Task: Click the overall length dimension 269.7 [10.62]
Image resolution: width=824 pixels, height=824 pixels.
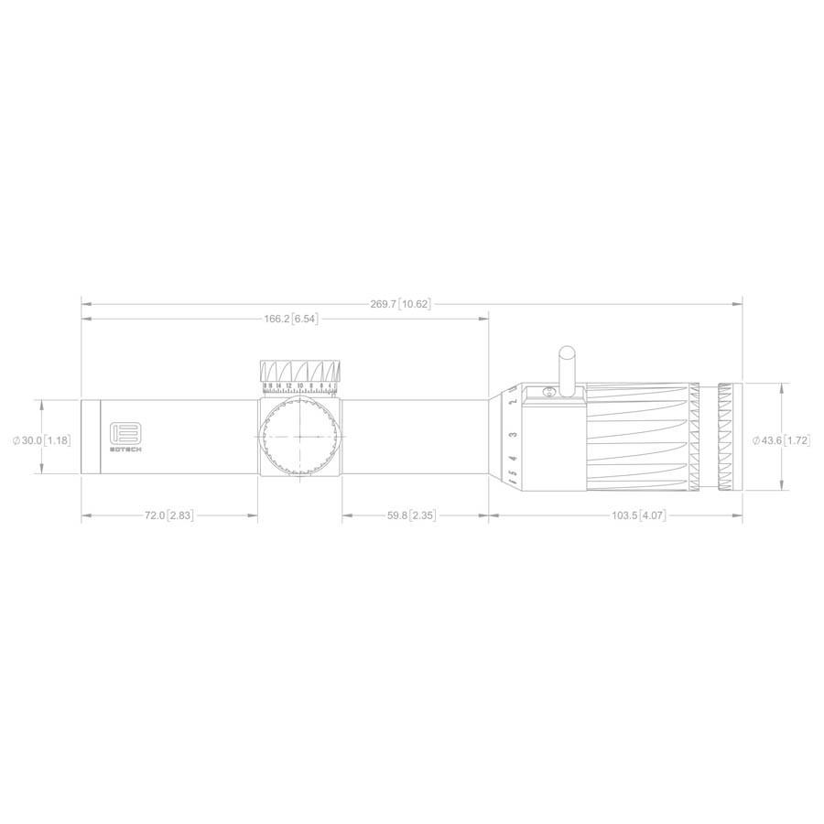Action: click(x=400, y=304)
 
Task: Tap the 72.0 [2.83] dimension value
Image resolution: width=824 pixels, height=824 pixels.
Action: click(x=168, y=516)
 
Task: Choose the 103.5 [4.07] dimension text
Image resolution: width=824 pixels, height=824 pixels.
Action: click(x=636, y=516)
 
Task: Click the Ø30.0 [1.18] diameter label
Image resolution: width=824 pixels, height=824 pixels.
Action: click(x=41, y=440)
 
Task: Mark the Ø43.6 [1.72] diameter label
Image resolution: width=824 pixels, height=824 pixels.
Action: click(x=781, y=440)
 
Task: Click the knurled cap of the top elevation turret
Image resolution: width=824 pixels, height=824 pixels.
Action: click(x=299, y=371)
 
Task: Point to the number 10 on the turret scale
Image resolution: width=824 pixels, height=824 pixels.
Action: click(x=299, y=386)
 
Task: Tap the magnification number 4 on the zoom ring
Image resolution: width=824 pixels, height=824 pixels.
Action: click(x=513, y=458)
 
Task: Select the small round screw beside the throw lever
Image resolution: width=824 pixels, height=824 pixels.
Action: click(x=549, y=392)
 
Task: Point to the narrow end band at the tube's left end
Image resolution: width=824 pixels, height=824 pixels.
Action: click(x=91, y=437)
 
